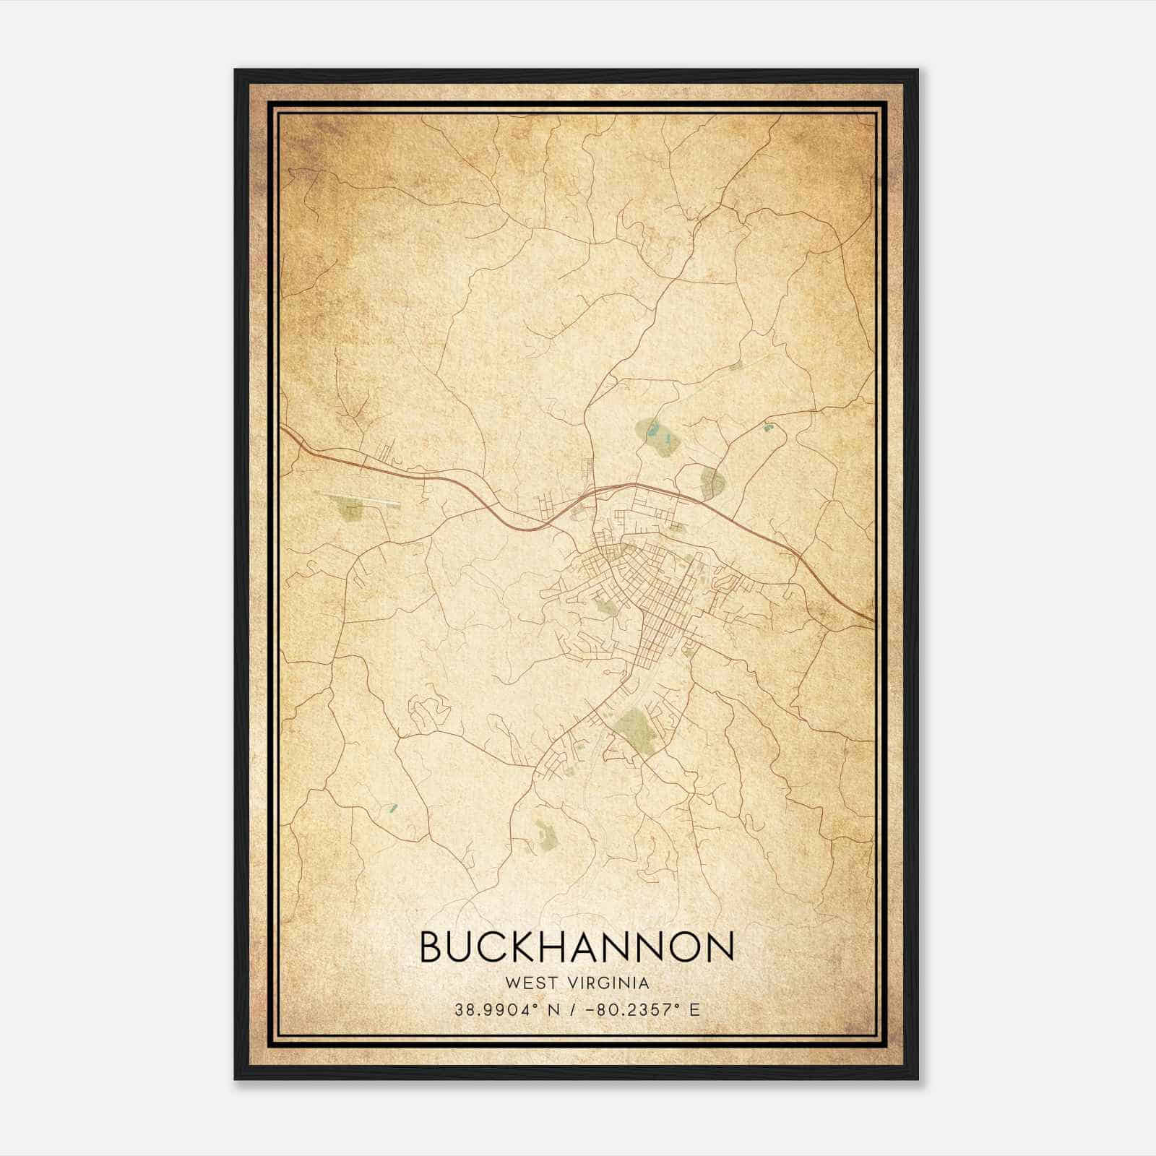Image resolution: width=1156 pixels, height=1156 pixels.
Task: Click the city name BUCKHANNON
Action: pos(577,946)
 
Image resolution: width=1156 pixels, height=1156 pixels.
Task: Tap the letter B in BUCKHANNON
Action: pos(433,946)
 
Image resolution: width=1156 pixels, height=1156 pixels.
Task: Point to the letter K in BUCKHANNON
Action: pos(536,946)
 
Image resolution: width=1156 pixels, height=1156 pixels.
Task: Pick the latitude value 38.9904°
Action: pos(496,1010)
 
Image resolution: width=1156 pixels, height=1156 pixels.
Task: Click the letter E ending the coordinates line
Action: pos(695,1010)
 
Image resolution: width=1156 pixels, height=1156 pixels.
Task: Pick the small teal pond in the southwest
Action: pos(392,807)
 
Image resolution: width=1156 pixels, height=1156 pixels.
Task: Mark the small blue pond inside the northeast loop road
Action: pos(767,428)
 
